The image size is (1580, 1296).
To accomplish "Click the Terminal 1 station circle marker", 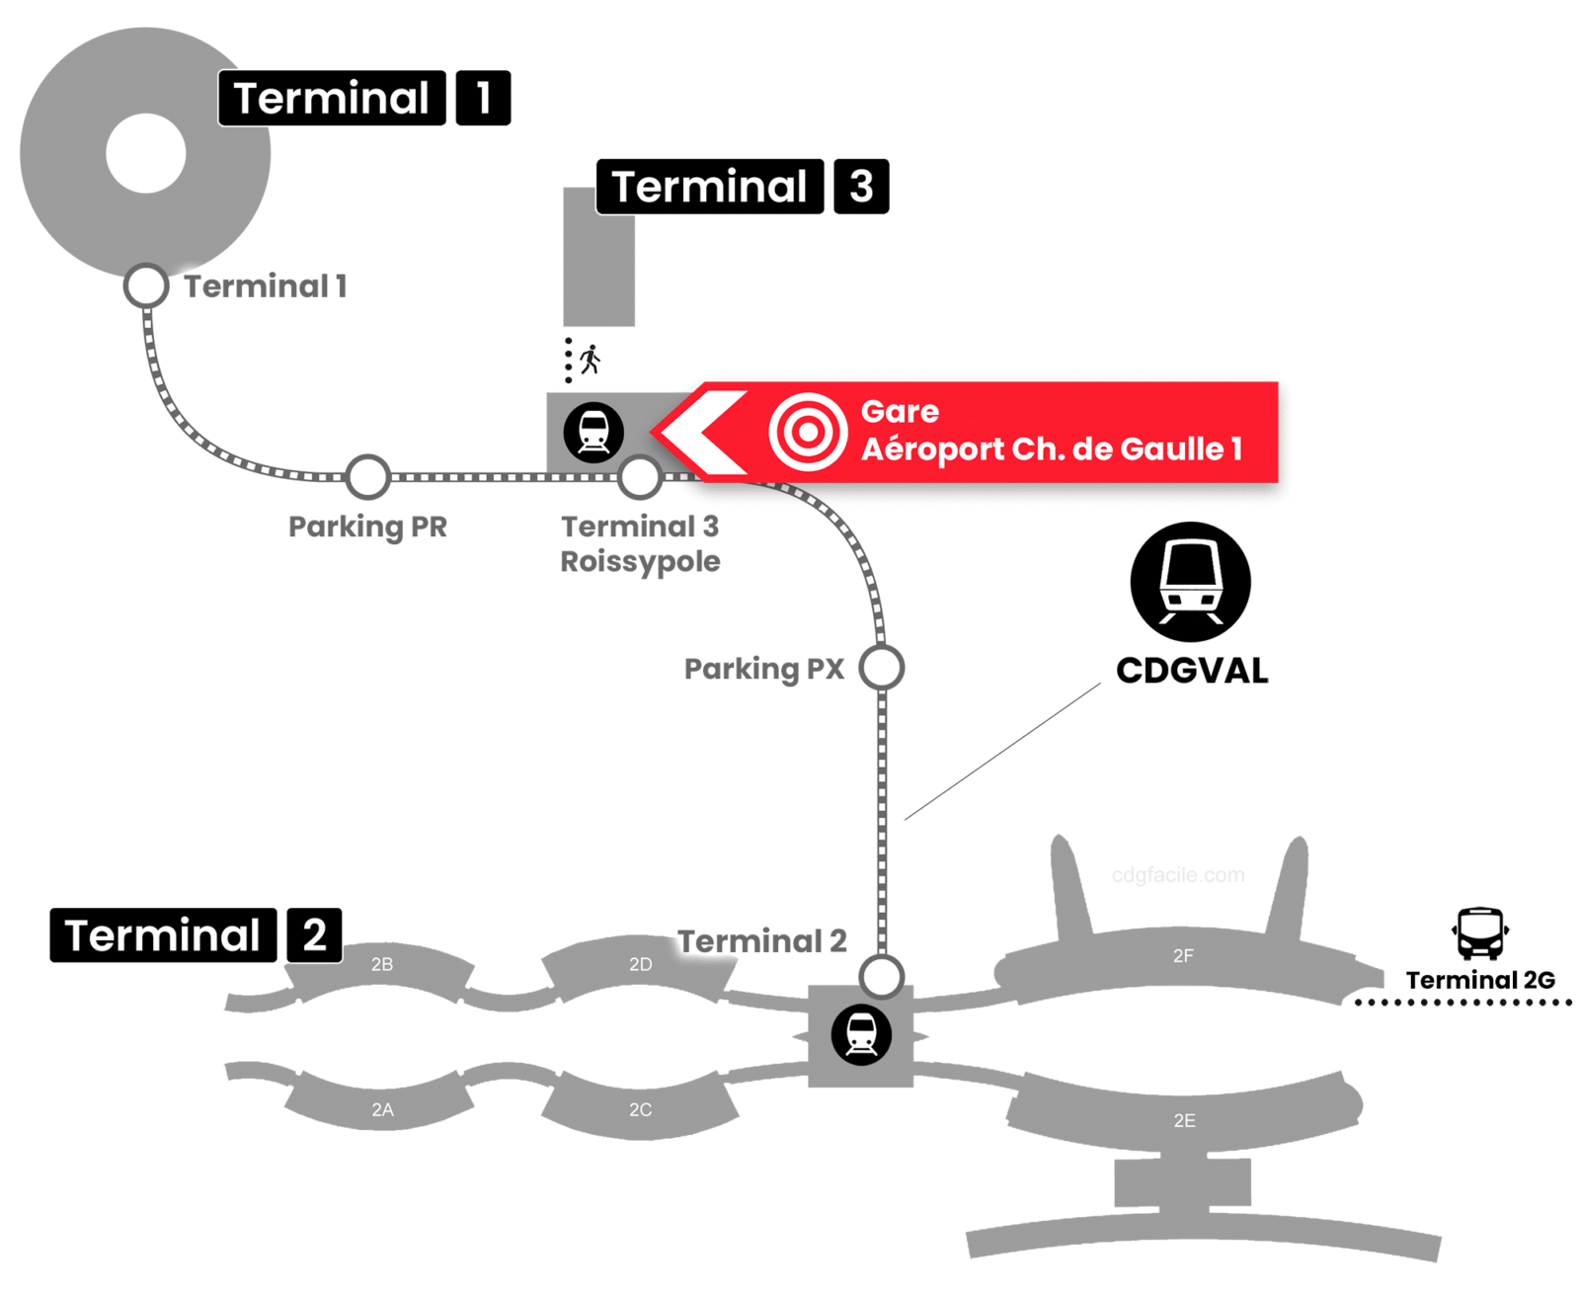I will pos(146,286).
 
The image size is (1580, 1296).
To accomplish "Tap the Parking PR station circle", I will pos(367,477).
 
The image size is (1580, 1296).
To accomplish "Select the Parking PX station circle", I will pos(881,668).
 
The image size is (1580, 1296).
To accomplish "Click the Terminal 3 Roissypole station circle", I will pos(640,477).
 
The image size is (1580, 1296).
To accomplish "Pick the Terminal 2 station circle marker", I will pos(881,977).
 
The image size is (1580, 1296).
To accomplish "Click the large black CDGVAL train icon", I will pos(1190,582).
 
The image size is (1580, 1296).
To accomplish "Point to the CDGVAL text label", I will pos(1192,671).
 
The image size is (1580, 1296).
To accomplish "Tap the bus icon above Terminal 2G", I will pos(1479,933).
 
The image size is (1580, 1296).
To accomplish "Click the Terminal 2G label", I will pos(1479,980).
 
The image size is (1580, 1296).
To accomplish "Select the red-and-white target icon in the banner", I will pos(808,432).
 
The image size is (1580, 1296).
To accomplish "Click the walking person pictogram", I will pos(591,360).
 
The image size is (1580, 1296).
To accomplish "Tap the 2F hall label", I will pos(1183,956).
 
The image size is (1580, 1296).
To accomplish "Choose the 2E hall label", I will pos(1184,1121).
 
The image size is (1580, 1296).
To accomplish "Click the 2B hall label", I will pos(382,964).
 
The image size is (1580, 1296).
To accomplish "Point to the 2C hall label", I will pos(640,1110).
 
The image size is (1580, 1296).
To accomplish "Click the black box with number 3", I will pos(861,186).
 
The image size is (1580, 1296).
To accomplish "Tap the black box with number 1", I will pos(483,98).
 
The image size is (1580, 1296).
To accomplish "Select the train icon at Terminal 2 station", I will pos(861,1035).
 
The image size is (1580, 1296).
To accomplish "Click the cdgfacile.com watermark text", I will pos(1177,875).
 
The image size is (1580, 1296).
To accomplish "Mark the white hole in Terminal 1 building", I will pos(146,153).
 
